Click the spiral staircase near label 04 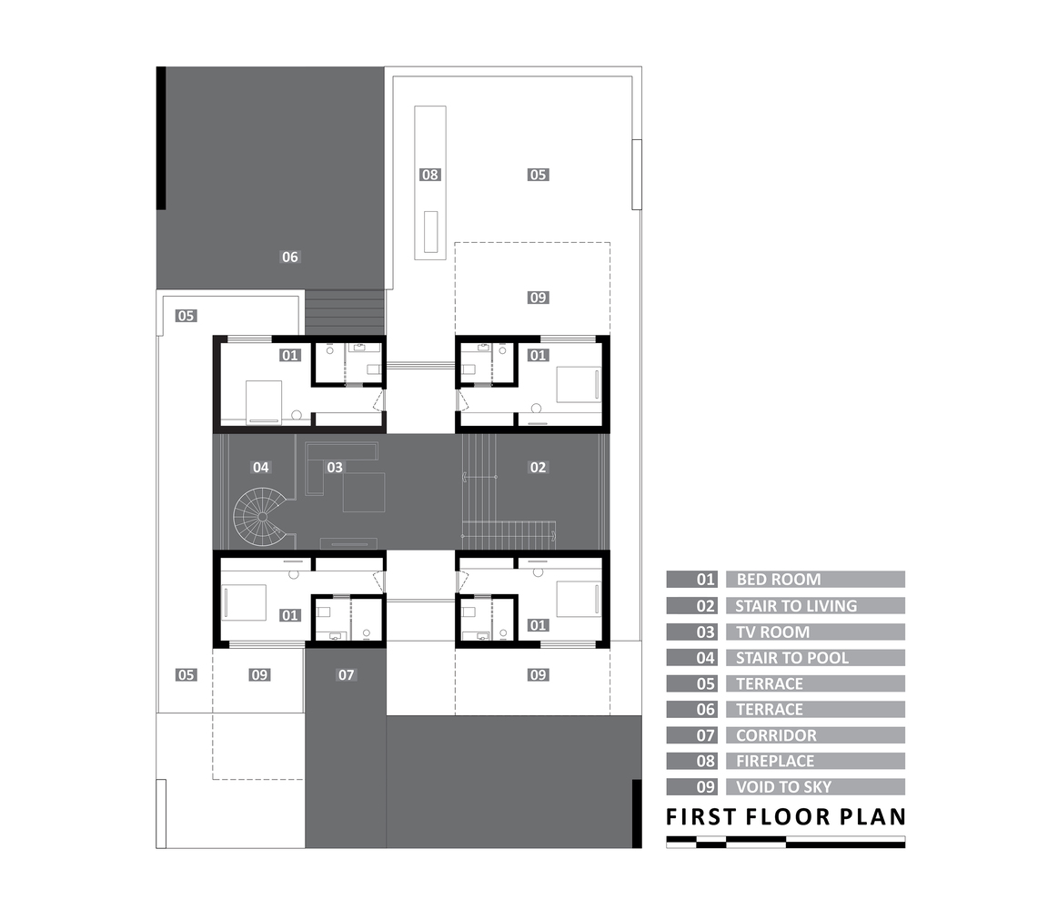[260, 517]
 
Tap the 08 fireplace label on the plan [429, 175]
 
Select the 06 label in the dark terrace [289, 258]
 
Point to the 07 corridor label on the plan [346, 675]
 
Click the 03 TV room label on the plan [335, 467]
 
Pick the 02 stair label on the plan [538, 467]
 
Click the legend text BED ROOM [779, 579]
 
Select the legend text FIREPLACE [775, 761]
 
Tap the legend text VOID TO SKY [783, 786]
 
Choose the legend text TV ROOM [772, 632]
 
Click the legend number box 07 [691, 735]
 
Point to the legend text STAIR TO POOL [792, 658]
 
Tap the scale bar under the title [786, 842]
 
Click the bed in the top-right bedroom [579, 385]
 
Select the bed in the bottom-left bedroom [244, 602]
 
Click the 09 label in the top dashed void [538, 298]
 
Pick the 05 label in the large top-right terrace [538, 175]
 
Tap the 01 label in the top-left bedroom [289, 355]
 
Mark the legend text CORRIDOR [776, 735]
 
